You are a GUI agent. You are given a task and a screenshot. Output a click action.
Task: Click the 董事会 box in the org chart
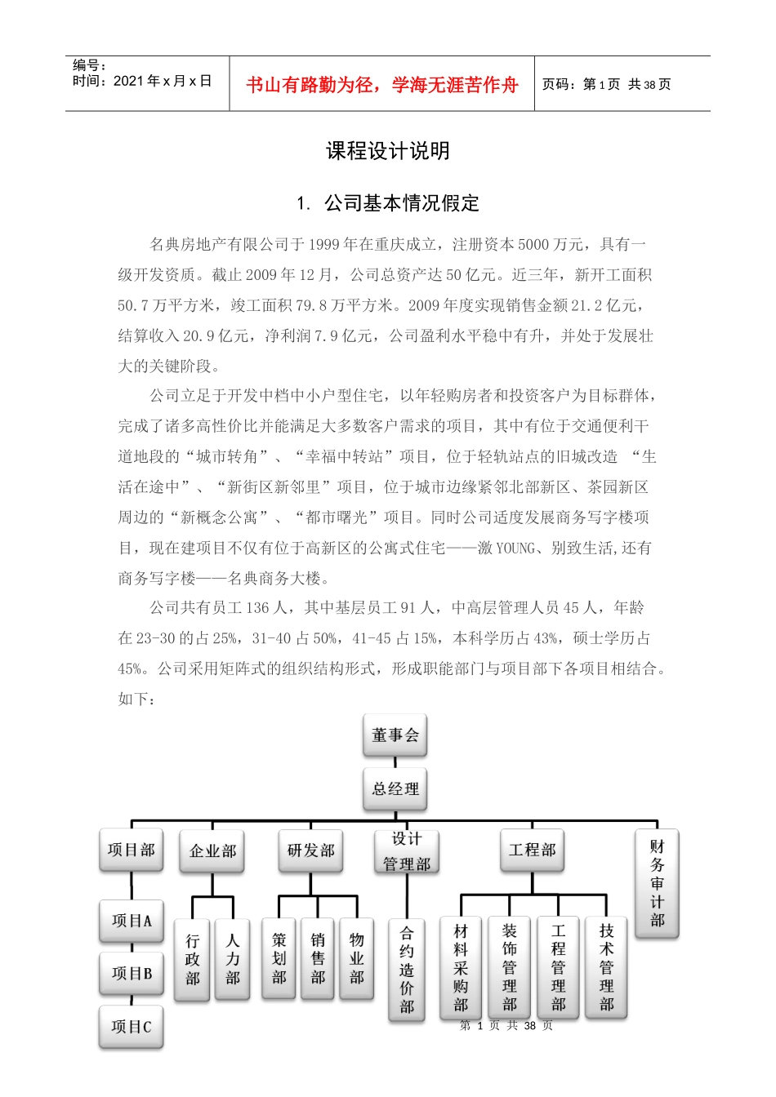tap(395, 735)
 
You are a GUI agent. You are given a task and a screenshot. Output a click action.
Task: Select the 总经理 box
tap(395, 789)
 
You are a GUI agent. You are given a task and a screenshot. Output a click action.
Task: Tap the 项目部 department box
tap(132, 851)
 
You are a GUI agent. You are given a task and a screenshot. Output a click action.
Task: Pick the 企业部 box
tap(212, 851)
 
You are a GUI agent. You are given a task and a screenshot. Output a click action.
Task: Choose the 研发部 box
tap(310, 851)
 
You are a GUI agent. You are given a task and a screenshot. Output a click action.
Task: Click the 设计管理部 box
tap(407, 851)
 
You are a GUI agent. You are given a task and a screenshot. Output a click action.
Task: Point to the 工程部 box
tap(532, 851)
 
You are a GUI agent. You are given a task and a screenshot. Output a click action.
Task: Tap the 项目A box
tap(132, 921)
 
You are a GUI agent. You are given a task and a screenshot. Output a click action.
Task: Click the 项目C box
tap(132, 1027)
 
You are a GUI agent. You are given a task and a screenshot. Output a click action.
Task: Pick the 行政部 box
tap(193, 960)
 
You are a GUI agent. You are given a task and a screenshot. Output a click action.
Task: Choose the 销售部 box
tap(318, 959)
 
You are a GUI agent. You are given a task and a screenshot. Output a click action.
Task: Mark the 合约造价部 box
tap(407, 970)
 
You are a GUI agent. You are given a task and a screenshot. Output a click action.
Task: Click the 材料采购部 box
tap(462, 968)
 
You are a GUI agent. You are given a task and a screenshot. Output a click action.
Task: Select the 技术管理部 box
tap(606, 968)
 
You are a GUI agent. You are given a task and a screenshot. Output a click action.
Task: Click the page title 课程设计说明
tap(388, 151)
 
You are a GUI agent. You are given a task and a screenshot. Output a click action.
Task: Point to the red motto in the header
tap(382, 85)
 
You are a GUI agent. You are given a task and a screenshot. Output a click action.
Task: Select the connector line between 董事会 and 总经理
tap(395, 762)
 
